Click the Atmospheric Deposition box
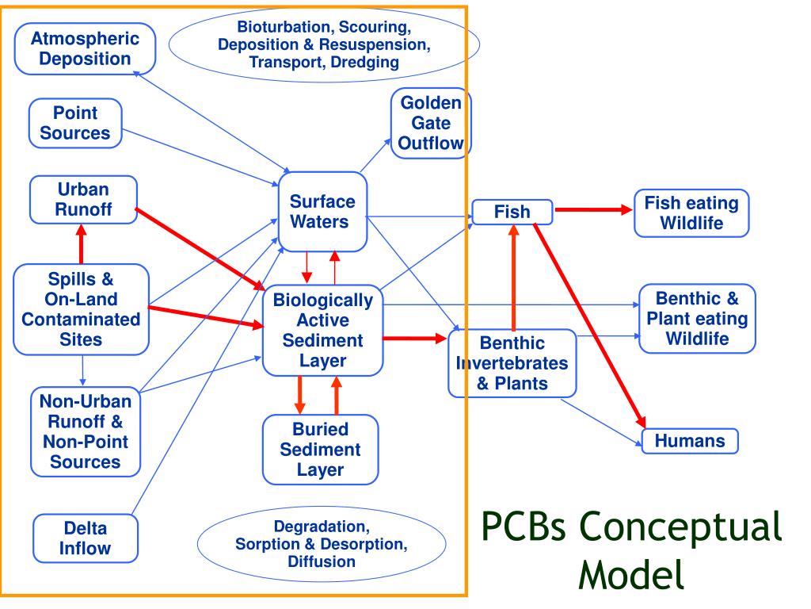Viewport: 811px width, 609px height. (x=85, y=48)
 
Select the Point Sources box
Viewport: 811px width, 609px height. (x=75, y=123)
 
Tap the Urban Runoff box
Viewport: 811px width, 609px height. (x=83, y=199)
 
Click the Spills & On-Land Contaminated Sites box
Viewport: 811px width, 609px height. (x=82, y=309)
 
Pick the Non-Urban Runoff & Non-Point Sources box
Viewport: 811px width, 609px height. (x=86, y=431)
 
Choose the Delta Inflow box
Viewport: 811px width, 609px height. (x=86, y=538)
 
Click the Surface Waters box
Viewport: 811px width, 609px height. (x=323, y=211)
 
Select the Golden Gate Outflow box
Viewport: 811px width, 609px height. (x=431, y=123)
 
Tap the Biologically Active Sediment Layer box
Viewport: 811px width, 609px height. (x=323, y=331)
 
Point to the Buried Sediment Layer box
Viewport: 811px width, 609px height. (x=321, y=450)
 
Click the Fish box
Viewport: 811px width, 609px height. (x=512, y=212)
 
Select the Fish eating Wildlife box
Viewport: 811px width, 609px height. (x=691, y=213)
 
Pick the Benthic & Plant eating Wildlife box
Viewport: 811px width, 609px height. (x=697, y=319)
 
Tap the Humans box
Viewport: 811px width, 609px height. (x=690, y=441)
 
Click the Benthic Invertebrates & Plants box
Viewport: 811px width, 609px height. (x=512, y=363)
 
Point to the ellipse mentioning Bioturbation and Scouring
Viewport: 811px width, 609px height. (x=324, y=44)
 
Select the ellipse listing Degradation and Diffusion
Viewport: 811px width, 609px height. (x=322, y=544)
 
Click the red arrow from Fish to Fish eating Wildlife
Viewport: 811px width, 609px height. (x=593, y=209)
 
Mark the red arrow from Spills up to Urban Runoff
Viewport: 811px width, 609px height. (x=82, y=244)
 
